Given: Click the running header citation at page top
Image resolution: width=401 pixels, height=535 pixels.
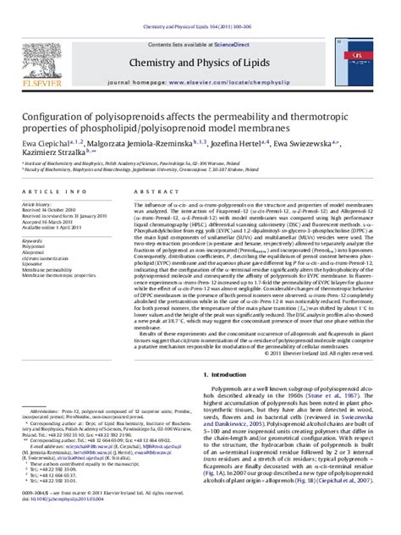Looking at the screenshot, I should (x=200, y=6).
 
